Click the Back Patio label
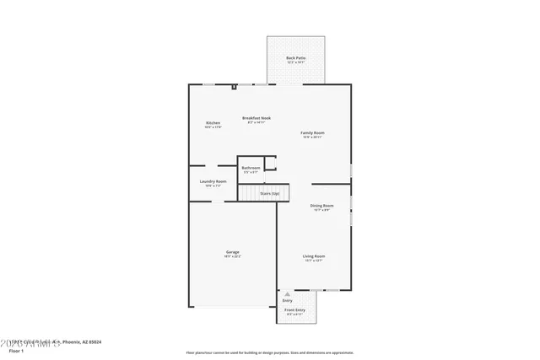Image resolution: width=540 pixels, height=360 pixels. [x=295, y=57]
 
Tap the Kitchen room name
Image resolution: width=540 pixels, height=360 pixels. [x=213, y=123]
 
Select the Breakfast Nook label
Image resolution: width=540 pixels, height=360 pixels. [x=256, y=118]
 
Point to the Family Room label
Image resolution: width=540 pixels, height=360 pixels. [x=313, y=132]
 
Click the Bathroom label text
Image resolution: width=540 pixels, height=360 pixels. [x=251, y=168]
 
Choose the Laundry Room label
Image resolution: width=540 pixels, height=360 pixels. [x=213, y=181]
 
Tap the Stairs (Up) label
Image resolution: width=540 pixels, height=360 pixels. [x=270, y=193]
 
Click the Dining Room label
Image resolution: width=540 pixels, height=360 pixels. [x=321, y=205]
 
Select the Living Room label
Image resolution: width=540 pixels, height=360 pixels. [x=315, y=255]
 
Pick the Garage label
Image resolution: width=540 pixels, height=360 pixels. [x=232, y=252]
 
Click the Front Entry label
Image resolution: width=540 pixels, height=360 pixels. [x=294, y=310]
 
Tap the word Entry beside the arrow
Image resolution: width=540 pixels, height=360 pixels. [x=288, y=300]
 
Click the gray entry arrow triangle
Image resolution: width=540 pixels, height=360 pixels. [x=286, y=293]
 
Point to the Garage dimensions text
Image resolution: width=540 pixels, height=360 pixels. [x=232, y=256]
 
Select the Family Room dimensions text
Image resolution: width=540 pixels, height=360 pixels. [x=313, y=137]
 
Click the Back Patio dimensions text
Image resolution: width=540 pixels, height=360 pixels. [x=295, y=62]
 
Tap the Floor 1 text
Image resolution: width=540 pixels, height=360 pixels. [x=17, y=349]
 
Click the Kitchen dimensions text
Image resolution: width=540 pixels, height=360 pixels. [x=213, y=127]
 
